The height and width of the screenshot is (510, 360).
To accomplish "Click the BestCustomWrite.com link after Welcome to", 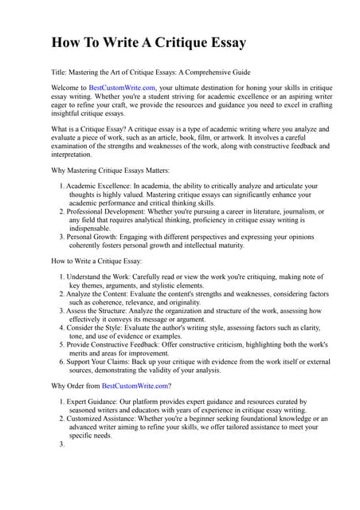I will [122, 88].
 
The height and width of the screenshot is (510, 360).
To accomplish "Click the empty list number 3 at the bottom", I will [61, 444].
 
